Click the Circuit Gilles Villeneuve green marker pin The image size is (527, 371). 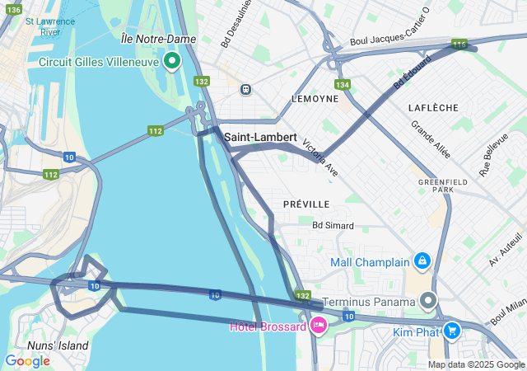click(172, 61)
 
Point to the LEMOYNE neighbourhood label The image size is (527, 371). click(315, 98)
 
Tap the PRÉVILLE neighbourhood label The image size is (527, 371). click(305, 204)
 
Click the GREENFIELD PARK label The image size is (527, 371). click(436, 185)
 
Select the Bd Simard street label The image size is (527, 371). click(333, 225)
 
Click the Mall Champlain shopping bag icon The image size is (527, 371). click(422, 261)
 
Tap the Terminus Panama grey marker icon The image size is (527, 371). click(428, 300)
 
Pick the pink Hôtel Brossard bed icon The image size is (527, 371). click(317, 326)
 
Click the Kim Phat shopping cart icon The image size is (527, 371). click(451, 330)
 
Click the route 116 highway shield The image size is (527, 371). click(459, 44)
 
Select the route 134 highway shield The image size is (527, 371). click(343, 84)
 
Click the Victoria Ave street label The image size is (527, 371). click(320, 157)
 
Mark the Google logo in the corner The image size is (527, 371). click(27, 360)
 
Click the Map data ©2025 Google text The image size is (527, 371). click(476, 364)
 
